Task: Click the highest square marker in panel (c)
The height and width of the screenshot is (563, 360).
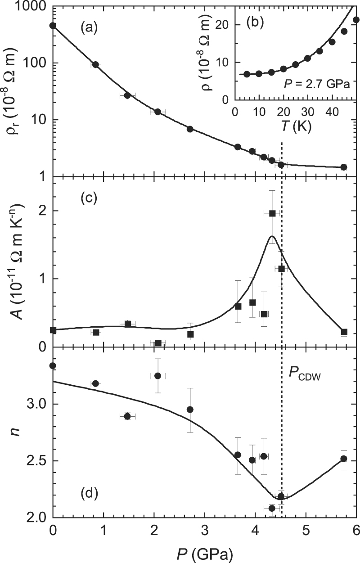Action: point(272,213)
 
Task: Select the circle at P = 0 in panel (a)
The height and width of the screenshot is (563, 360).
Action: point(53,26)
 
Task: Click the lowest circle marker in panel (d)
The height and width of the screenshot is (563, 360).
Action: point(272,508)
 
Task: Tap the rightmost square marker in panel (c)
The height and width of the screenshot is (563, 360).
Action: point(344,332)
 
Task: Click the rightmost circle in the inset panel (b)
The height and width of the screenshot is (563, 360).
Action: point(356,20)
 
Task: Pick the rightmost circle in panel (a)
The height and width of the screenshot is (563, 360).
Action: point(344,167)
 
